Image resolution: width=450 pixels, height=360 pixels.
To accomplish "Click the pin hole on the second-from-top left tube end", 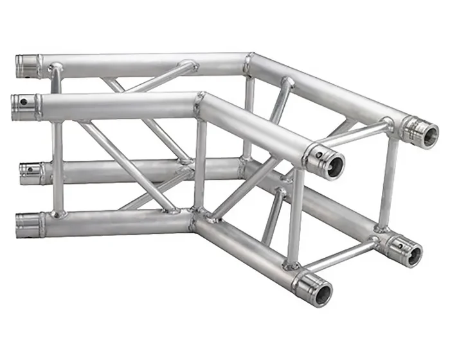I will coord(24,101).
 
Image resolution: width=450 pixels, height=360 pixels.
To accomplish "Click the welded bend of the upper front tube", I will coord(200,101).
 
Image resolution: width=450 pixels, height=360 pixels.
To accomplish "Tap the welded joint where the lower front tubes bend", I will coord(194,219).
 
